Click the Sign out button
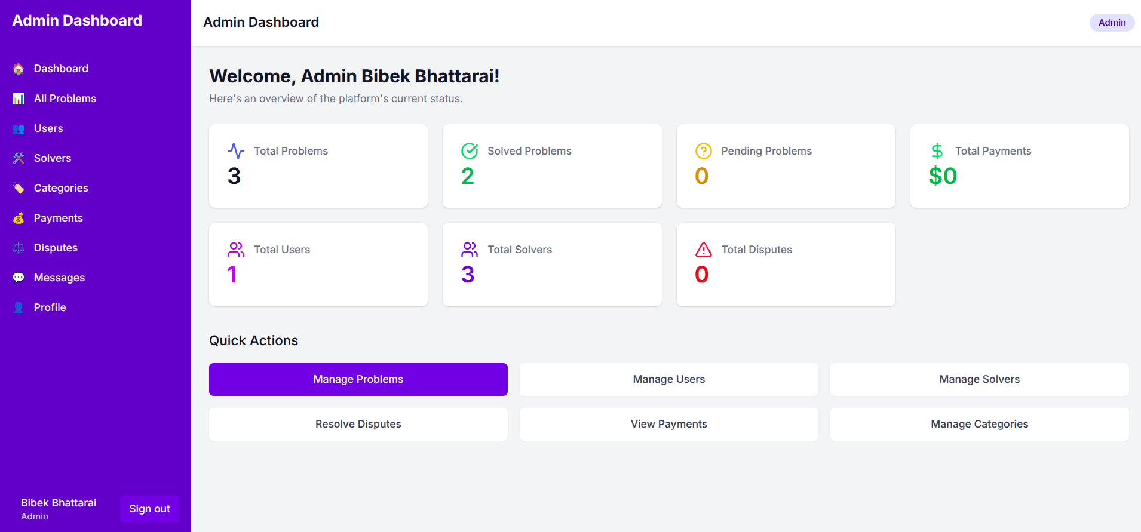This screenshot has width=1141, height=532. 149,509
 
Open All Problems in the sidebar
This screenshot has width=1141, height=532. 65,99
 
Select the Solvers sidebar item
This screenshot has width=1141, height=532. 52,158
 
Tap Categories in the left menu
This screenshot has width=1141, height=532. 61,188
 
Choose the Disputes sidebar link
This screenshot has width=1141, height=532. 56,248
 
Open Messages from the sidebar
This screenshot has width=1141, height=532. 59,278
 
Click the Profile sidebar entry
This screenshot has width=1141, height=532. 50,307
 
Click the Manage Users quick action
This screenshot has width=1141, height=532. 669,379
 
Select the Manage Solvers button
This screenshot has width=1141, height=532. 980,379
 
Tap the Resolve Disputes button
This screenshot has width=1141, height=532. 358,424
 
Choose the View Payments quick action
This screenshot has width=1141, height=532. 669,424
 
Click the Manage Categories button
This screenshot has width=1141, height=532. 980,424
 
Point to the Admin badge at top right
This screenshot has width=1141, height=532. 1112,23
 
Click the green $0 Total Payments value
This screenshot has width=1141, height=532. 943,176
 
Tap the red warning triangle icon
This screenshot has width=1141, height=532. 704,249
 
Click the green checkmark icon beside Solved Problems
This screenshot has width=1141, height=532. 470,151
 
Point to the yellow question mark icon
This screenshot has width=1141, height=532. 704,151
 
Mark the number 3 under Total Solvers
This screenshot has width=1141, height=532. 468,274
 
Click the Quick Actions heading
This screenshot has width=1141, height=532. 253,340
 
